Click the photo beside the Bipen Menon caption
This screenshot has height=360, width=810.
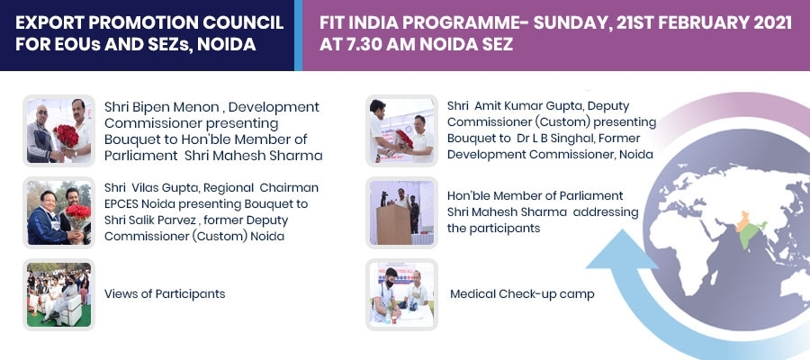click(58, 130)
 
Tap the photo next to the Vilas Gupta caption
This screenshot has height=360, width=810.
click(58, 212)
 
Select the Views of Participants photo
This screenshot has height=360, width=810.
click(58, 294)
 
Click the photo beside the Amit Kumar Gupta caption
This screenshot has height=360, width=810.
click(401, 130)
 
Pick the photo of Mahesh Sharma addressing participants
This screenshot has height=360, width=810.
click(401, 212)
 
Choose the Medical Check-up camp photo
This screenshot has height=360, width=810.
click(401, 294)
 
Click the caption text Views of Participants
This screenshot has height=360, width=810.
click(165, 294)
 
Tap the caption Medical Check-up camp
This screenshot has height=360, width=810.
click(522, 294)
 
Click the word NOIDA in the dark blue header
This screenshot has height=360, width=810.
click(227, 44)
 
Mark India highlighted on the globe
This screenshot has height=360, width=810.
click(748, 229)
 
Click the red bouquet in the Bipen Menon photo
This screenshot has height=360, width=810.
click(66, 136)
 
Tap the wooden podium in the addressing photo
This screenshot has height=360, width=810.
click(393, 224)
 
